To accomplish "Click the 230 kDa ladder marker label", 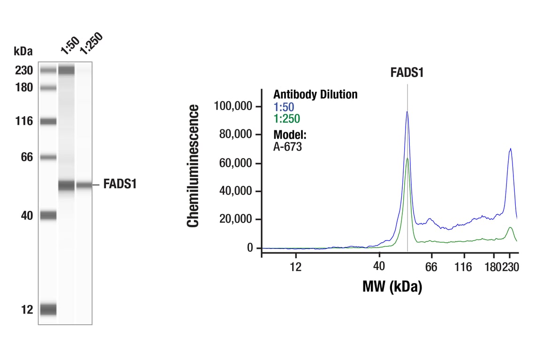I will click(23, 71).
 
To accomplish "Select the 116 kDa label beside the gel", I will click(23, 121).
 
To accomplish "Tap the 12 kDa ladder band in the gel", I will click(48, 309).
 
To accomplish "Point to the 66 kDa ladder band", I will click(48, 157).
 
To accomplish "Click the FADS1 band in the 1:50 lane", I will click(66, 185).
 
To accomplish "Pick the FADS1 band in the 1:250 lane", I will click(84, 185).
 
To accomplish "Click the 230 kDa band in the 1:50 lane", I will click(66, 71).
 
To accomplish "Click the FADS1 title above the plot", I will click(407, 73).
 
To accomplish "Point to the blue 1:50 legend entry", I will click(284, 107).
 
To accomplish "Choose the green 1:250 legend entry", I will click(286, 119).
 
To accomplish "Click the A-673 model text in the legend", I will click(287, 147).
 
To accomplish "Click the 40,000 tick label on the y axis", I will click(236, 191).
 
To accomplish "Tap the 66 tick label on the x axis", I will click(431, 267).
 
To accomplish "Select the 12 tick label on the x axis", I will click(295, 267).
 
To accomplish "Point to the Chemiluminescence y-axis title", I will click(193, 166).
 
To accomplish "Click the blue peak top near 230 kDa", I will click(510, 149).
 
